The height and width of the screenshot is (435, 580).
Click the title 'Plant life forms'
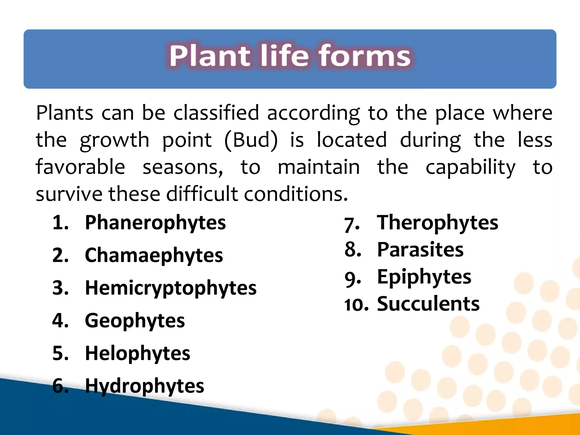[290, 56]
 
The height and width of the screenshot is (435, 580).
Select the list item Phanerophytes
[155, 223]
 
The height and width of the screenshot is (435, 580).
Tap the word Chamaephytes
[154, 255]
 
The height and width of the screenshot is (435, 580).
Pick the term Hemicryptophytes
[171, 288]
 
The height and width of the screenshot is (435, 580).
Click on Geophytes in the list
[135, 321]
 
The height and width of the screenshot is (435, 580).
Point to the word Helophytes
[138, 353]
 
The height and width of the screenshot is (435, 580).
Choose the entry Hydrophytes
[144, 386]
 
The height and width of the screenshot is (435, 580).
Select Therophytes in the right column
[437, 223]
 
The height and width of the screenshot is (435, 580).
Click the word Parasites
[420, 250]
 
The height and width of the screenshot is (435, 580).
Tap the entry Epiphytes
[424, 277]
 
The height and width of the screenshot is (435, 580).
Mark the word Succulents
[428, 304]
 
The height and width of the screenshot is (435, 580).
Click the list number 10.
[356, 305]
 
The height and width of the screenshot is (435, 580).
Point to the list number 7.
[352, 225]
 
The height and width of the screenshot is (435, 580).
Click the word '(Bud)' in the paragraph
[251, 140]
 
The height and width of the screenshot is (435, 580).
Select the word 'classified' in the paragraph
[216, 113]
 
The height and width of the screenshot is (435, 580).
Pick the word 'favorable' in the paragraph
[80, 167]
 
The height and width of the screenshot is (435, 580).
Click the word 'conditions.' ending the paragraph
[296, 194]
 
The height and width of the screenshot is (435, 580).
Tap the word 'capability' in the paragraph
[470, 167]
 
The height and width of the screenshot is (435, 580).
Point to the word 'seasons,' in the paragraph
[183, 167]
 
